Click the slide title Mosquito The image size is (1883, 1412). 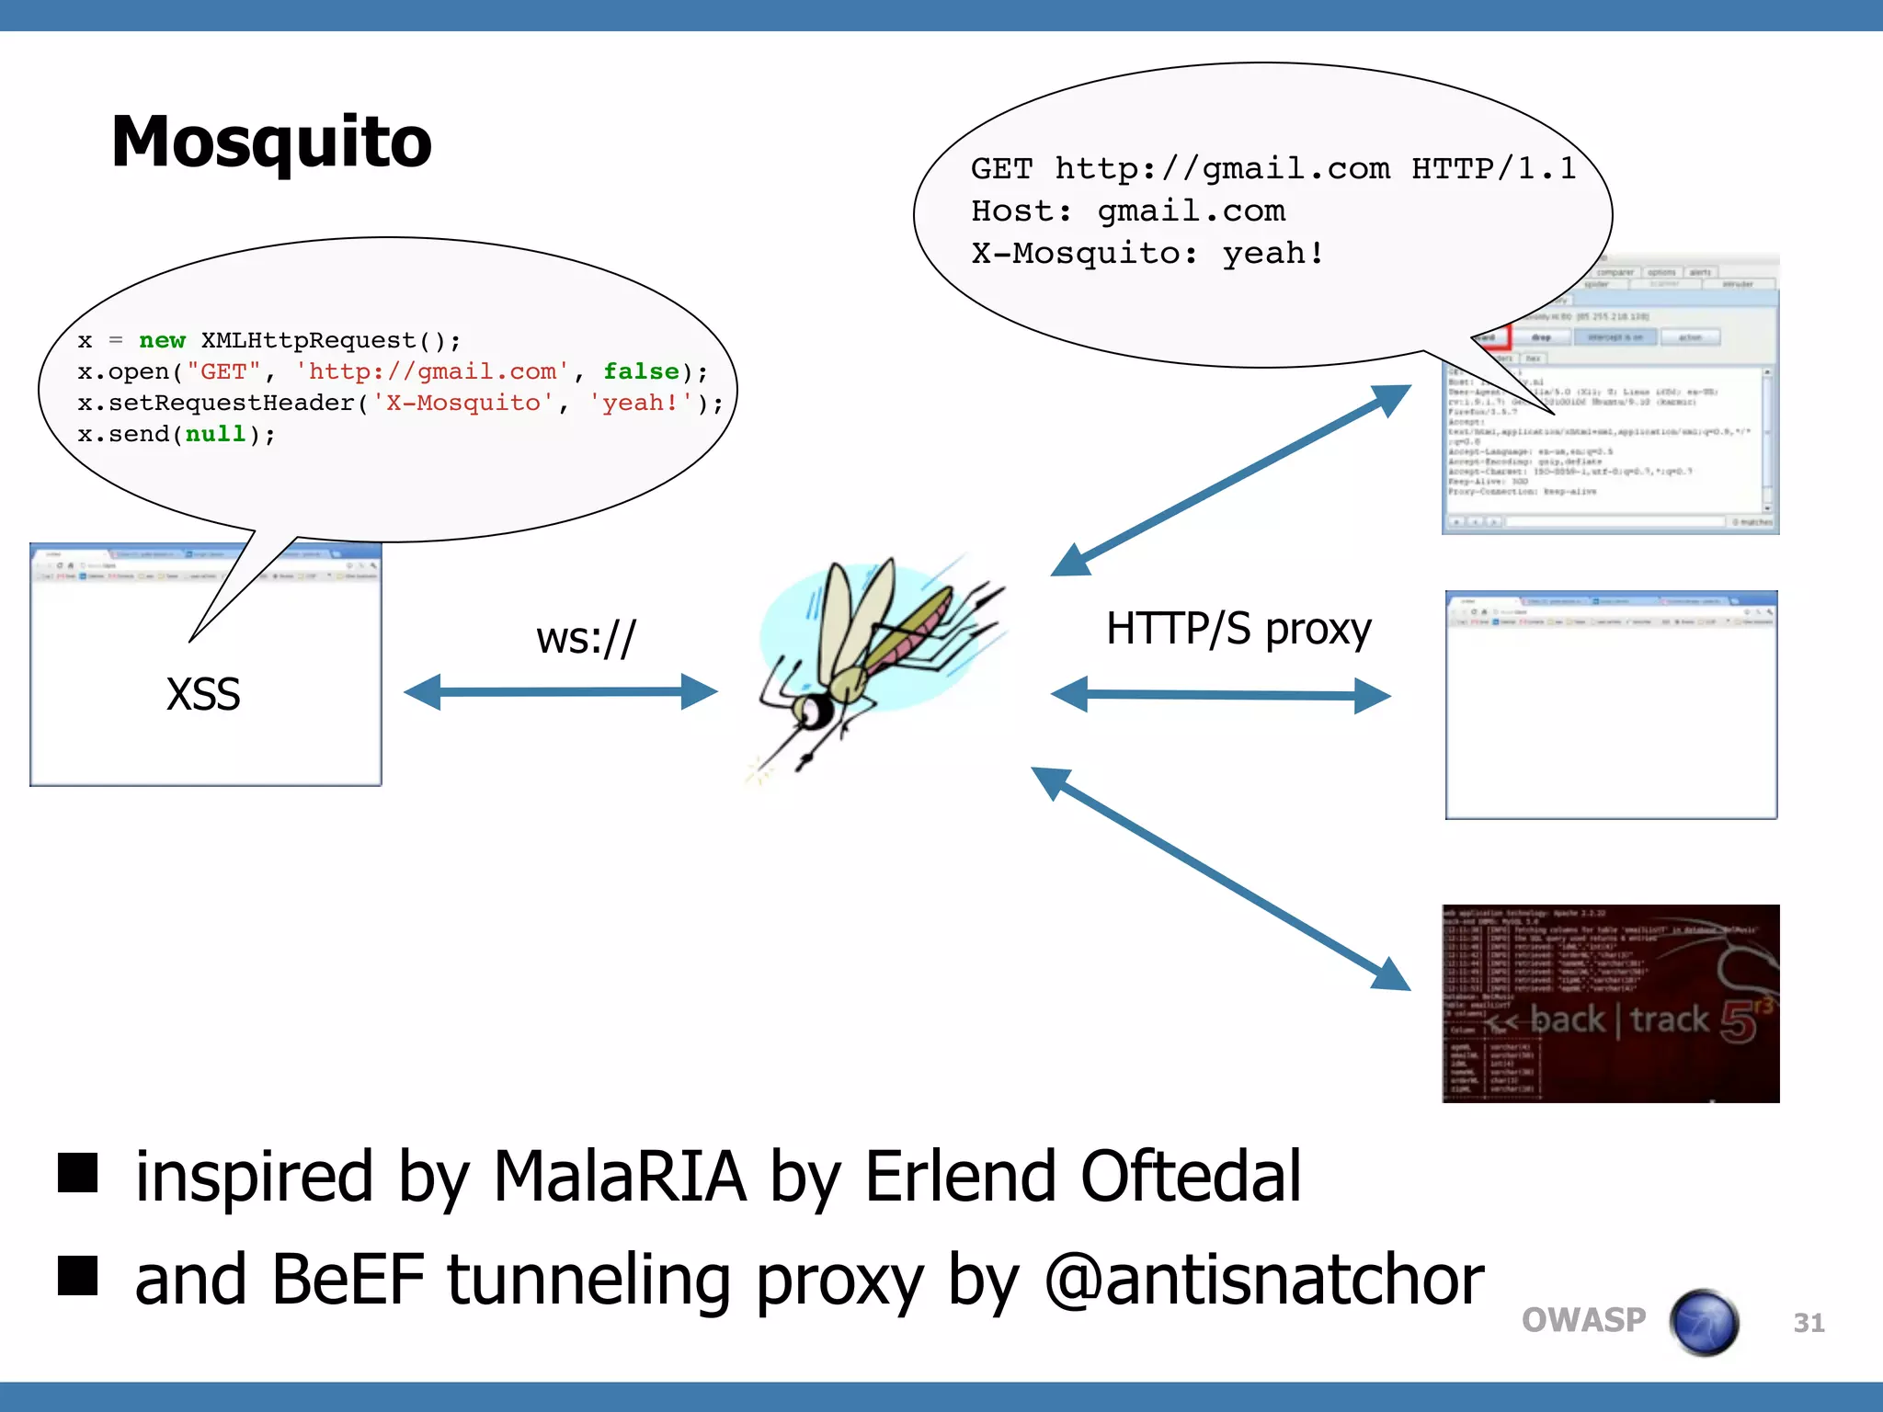tap(271, 142)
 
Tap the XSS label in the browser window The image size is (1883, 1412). tap(203, 694)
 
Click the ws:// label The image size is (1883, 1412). tap(586, 637)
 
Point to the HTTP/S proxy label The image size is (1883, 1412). tap(1238, 630)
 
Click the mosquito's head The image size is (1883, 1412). tap(813, 709)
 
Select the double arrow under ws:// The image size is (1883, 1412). tap(561, 692)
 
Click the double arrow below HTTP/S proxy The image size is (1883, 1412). tap(1220, 695)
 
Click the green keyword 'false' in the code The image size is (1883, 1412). tap(641, 371)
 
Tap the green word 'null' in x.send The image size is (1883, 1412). tap(215, 434)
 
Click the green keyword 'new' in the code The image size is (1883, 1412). tap(162, 340)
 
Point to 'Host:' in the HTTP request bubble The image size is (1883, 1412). tap(1021, 211)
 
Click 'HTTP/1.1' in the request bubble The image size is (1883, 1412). tap(1494, 168)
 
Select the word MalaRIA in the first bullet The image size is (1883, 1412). tap(620, 1176)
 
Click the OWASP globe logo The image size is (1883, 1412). tap(1704, 1322)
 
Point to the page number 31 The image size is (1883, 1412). tap(1809, 1323)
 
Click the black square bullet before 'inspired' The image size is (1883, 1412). tap(78, 1173)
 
